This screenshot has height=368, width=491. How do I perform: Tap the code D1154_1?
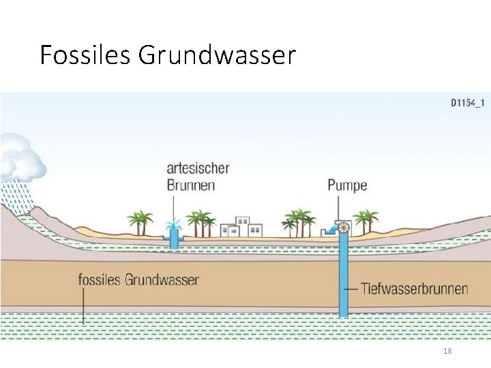pyautogui.click(x=467, y=104)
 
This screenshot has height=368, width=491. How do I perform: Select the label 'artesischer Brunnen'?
pyautogui.click(x=198, y=176)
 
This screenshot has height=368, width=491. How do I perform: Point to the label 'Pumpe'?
pyautogui.click(x=347, y=185)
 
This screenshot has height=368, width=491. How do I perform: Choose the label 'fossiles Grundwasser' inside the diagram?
pyautogui.click(x=138, y=280)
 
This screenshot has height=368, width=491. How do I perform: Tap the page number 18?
pyautogui.click(x=447, y=351)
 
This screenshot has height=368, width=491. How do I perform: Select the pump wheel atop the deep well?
pyautogui.click(x=344, y=228)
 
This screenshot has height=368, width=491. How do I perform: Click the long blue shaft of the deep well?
pyautogui.click(x=344, y=279)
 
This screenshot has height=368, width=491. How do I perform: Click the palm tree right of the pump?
pyautogui.click(x=366, y=221)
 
